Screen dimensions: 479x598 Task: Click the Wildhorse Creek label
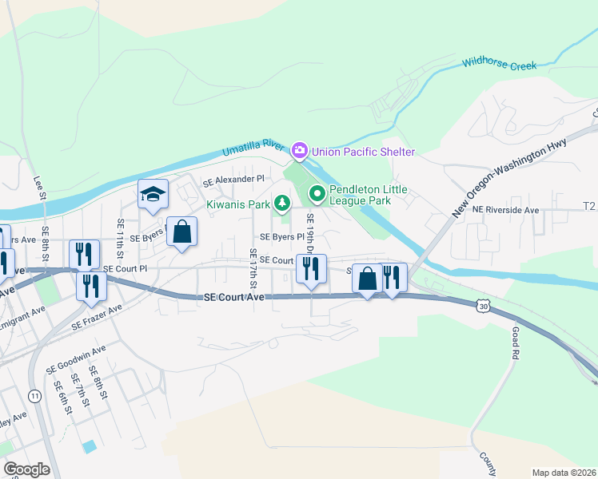coord(499,61)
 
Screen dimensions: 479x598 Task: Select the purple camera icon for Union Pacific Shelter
coord(300,150)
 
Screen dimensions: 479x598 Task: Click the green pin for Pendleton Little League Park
coord(317,192)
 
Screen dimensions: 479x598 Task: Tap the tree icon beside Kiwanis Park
coord(281,205)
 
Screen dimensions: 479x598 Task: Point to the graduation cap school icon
coord(152,194)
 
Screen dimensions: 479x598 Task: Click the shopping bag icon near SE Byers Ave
coord(181,232)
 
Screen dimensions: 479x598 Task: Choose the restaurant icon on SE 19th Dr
coord(311,268)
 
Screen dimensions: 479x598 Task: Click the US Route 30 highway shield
coord(483,306)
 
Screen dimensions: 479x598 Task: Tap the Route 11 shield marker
coord(34,396)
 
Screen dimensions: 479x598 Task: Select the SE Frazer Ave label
coord(97,317)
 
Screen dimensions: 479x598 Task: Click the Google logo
coord(27,469)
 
